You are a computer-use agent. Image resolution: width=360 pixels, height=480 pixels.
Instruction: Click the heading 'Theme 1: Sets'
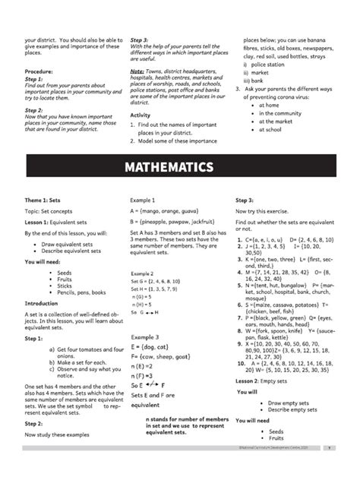point(46,201)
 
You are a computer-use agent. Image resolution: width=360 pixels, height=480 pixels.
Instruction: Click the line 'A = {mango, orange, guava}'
point(165,212)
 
